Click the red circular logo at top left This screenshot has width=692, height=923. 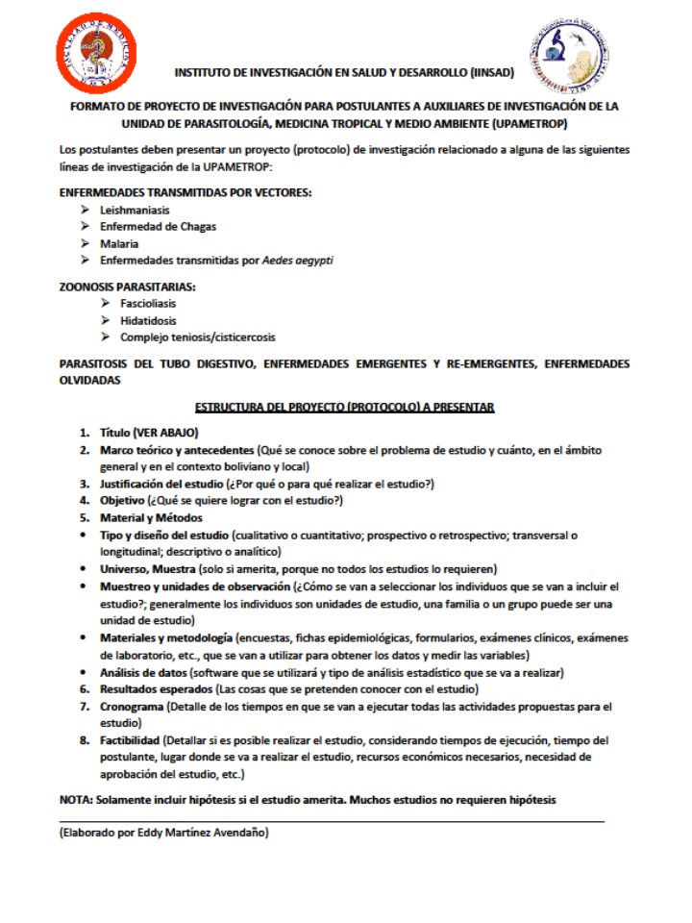tap(95, 53)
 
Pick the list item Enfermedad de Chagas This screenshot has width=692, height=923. tap(159, 227)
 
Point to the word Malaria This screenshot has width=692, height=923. tap(119, 244)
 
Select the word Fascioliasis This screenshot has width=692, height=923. tap(148, 303)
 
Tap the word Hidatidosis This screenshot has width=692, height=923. tap(148, 320)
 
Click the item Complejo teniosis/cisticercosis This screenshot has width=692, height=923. tap(197, 337)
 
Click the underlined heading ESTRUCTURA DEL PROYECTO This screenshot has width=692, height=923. tap(344, 408)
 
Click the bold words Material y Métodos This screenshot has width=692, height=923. tap(151, 518)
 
